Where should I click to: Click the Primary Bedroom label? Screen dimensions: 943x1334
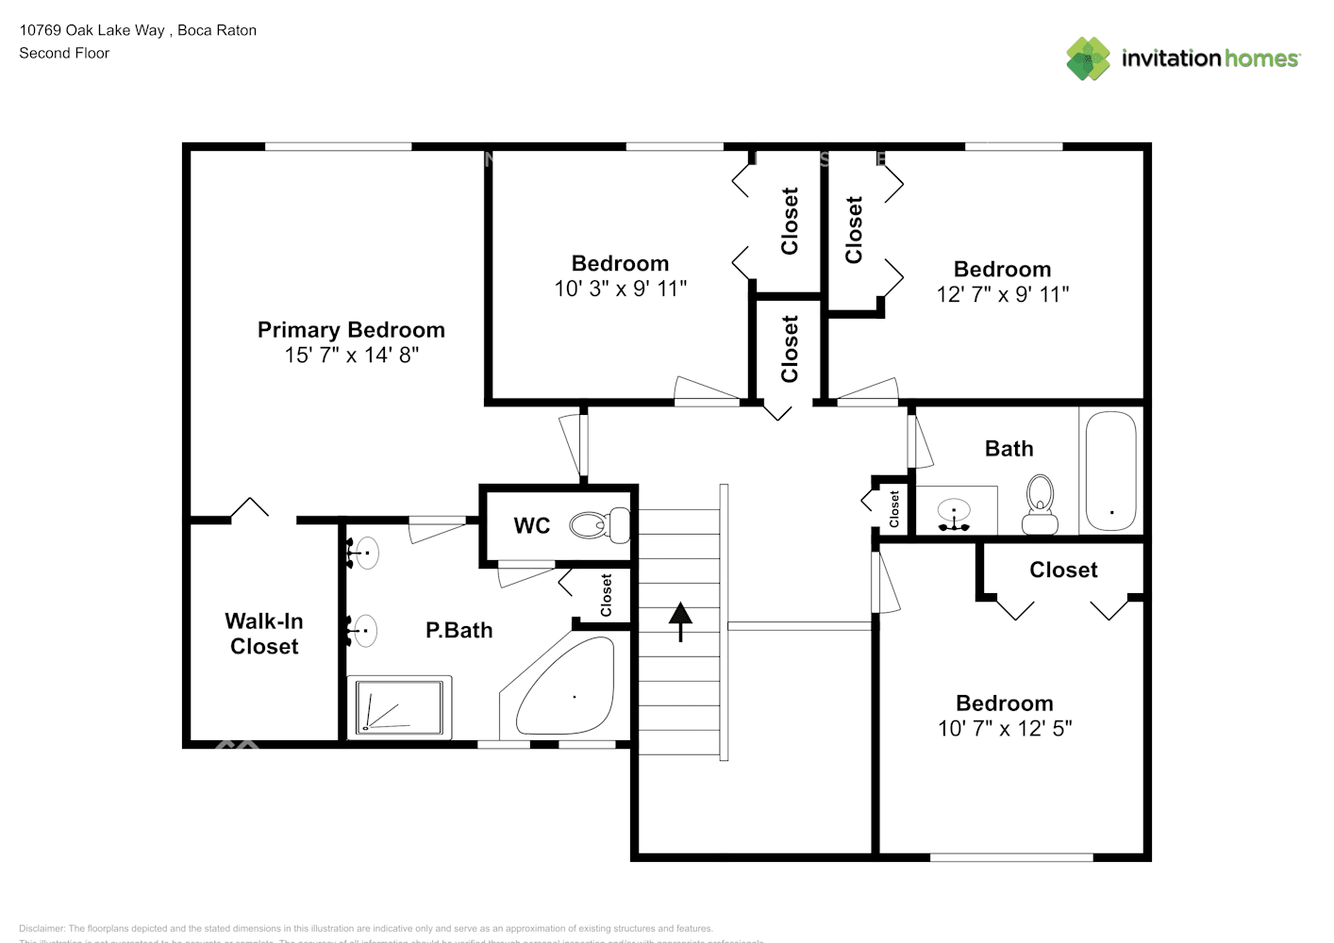351,330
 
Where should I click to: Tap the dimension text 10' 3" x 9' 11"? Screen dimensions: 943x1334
620,289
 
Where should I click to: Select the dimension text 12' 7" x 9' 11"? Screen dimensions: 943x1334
1002,294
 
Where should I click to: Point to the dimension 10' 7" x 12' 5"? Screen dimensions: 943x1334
1004,728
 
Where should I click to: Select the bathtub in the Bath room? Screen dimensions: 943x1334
1110,471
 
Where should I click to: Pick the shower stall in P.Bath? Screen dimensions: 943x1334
399,707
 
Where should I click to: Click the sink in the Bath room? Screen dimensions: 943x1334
955,512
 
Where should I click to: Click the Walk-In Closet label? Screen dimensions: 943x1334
264,634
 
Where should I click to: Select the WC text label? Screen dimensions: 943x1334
532,526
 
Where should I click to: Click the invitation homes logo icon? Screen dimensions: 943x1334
1088,58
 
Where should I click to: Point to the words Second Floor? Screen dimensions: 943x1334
64,53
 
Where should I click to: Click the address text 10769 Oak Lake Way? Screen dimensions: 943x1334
92,30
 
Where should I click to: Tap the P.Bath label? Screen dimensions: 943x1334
459,630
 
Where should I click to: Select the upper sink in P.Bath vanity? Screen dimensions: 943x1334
365,553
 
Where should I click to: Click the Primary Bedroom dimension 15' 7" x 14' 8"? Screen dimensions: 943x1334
351,356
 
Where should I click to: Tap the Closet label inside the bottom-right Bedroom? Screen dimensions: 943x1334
1063,570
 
